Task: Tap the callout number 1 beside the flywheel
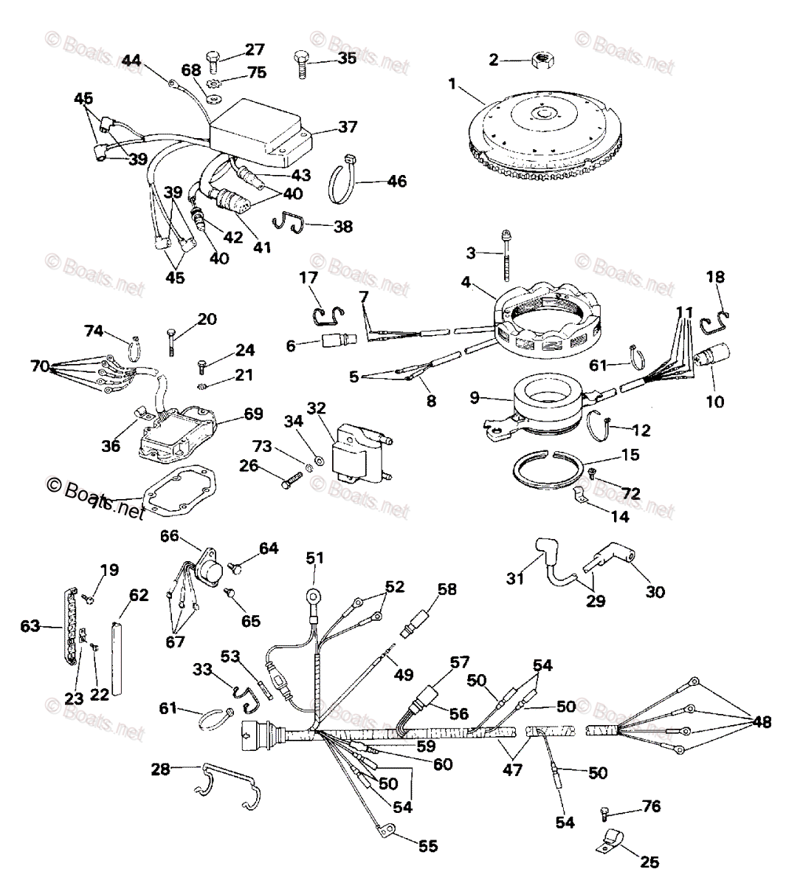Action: (x=452, y=84)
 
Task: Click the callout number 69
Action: (x=254, y=413)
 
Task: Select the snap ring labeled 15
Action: (x=547, y=469)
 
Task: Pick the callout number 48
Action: (x=761, y=719)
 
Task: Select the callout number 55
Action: (x=427, y=845)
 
